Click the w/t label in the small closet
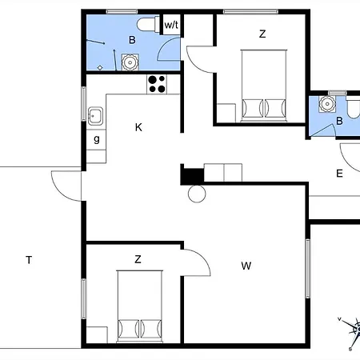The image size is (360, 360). pos(171,25)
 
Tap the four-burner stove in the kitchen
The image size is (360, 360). pos(157,84)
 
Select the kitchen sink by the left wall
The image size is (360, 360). pos(95,116)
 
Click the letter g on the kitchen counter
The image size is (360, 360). pos(97,139)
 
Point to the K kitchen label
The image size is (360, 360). pos(138,127)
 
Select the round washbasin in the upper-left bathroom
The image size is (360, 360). pos(130,62)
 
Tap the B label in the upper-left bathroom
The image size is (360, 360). pos(132,40)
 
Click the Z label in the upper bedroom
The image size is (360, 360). pos(262,34)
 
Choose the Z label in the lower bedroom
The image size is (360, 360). pos(138,259)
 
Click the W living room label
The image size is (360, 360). pos(246,266)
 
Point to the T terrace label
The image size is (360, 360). pos(29,260)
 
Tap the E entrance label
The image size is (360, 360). pos(339,174)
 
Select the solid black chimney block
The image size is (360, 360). pos(192,176)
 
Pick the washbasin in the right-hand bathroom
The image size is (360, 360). pos(327,104)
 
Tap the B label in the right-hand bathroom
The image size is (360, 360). pos(339,121)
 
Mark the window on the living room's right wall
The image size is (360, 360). pos(308,268)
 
